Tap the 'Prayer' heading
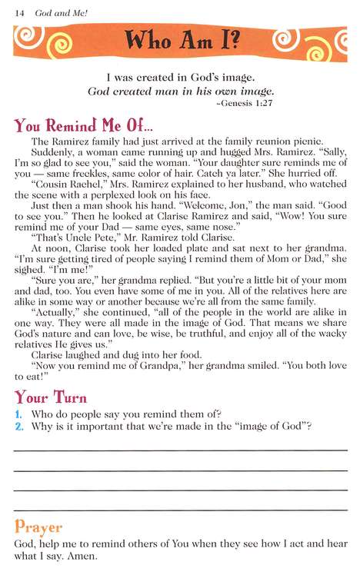click(38, 527)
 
